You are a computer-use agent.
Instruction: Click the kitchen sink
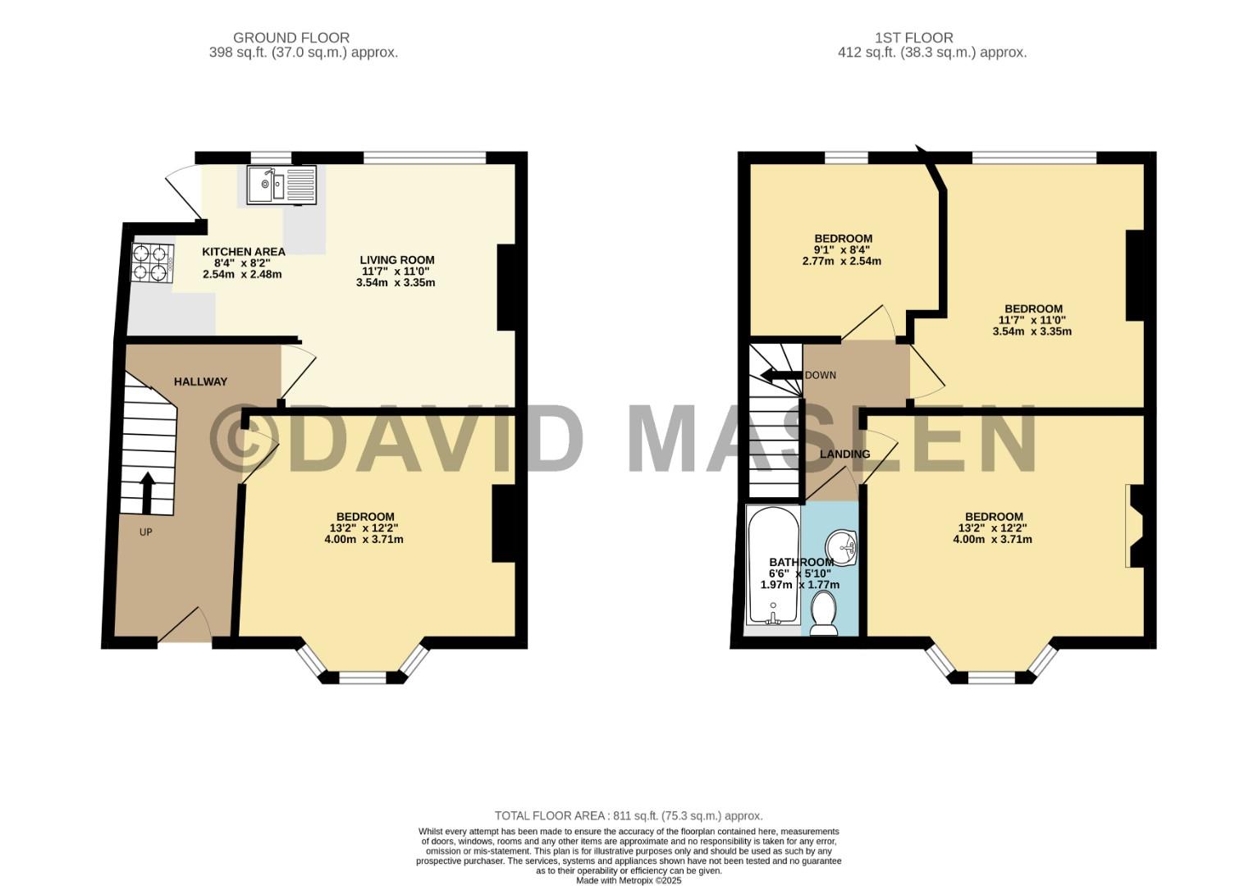coord(282,185)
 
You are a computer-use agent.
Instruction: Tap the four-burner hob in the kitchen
coord(153,263)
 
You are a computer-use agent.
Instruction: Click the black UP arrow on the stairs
coord(147,493)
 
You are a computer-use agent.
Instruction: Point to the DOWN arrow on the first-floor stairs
coord(780,375)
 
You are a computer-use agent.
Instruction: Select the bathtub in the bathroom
coord(773,565)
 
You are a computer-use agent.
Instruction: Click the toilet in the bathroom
coord(824,614)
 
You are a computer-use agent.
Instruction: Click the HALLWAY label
coord(200,381)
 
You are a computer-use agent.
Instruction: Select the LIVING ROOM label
coord(397,260)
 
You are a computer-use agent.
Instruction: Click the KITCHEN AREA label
coord(244,252)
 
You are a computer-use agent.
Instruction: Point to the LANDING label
coord(844,454)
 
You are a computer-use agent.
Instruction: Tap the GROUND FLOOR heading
coord(291,38)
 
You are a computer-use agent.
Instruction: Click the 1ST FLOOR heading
coord(913,38)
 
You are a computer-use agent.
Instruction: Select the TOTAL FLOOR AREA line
coord(629,815)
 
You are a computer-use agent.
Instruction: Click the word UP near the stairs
coord(145,532)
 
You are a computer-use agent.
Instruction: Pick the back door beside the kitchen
coord(184,191)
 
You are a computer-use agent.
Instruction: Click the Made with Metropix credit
coord(629,881)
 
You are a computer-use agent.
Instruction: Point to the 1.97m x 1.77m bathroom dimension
coord(800,584)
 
